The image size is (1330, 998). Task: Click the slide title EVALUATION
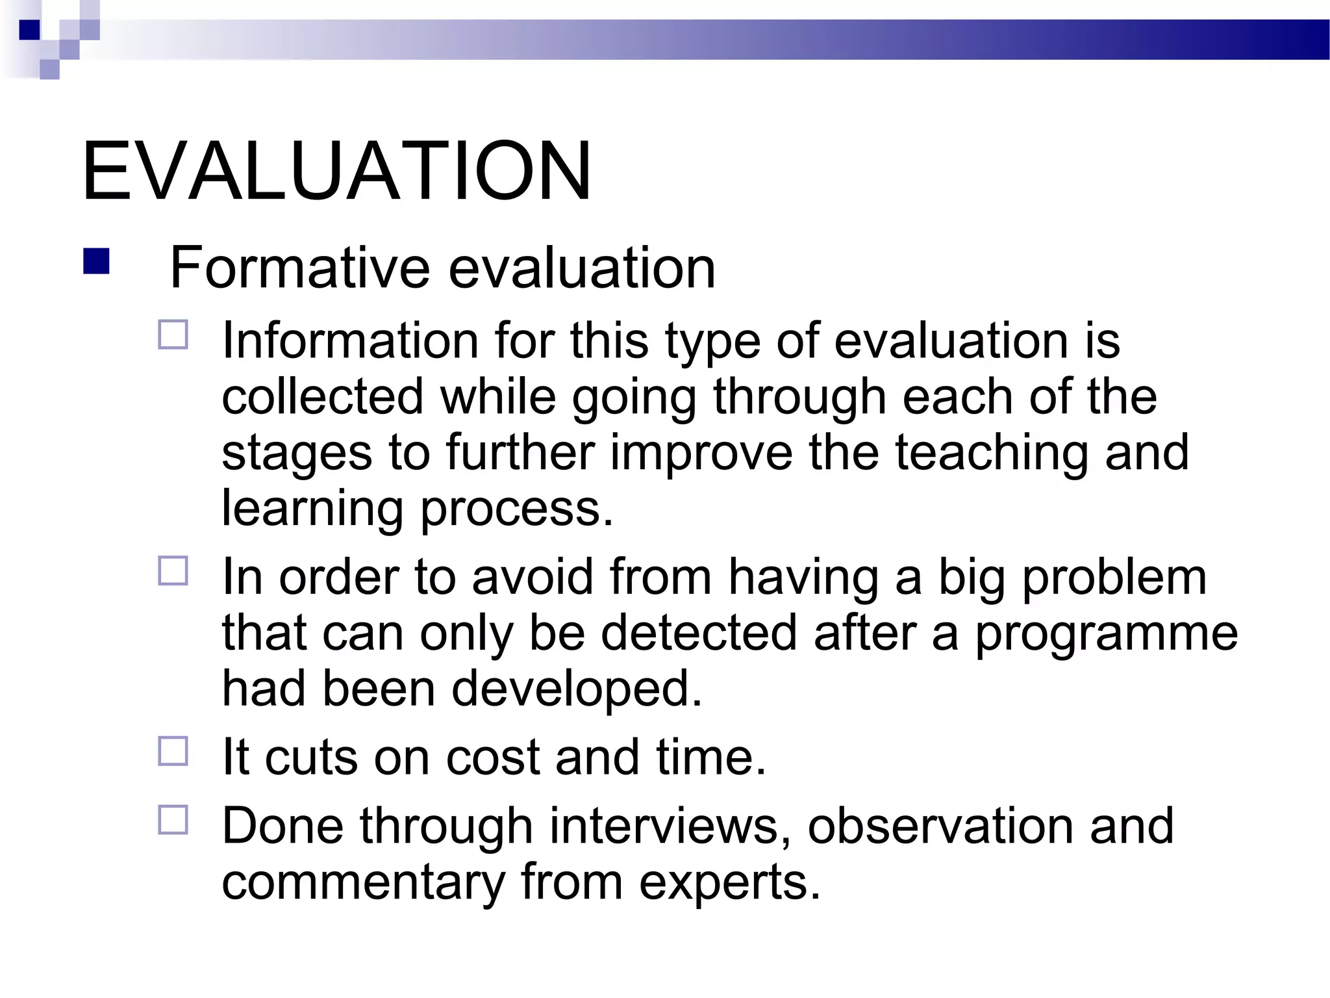(x=336, y=172)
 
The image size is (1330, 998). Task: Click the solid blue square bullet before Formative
(x=96, y=262)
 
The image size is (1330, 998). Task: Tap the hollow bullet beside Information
(x=173, y=335)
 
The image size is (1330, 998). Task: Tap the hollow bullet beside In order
(x=173, y=571)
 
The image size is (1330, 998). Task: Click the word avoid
(x=533, y=577)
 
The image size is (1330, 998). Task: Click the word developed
(x=577, y=689)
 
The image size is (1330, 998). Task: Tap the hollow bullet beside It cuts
(x=173, y=751)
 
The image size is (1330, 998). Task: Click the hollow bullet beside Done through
(x=173, y=820)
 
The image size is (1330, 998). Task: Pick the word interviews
(x=670, y=826)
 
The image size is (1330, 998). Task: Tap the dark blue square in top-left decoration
(x=29, y=29)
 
